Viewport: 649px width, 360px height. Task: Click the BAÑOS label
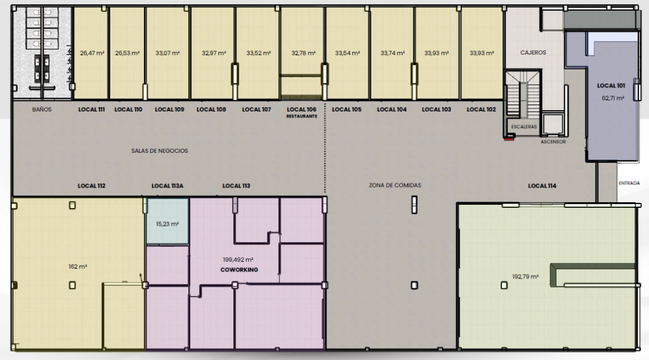tap(42, 110)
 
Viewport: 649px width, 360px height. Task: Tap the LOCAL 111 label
tap(91, 110)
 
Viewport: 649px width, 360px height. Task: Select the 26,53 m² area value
tap(127, 53)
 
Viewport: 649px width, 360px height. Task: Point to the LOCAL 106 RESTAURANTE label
tap(302, 112)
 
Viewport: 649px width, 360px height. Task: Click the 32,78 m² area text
tap(304, 53)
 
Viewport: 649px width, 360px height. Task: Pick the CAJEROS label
tap(533, 53)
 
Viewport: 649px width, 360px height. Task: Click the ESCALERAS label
tap(524, 127)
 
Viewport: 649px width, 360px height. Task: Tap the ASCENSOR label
tap(553, 141)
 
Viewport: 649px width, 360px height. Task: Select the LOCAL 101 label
tap(611, 86)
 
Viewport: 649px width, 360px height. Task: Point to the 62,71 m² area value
tap(613, 98)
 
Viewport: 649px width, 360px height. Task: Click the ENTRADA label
tap(629, 183)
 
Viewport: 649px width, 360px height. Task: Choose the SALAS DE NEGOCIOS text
tap(160, 151)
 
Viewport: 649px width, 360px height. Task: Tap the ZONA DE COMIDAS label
tap(395, 185)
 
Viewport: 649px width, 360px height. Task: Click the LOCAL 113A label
tap(167, 186)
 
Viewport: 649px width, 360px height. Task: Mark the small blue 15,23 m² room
tap(167, 221)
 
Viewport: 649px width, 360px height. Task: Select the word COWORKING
tap(239, 270)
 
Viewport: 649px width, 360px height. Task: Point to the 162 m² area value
tap(78, 266)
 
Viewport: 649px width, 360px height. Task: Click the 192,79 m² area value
tap(525, 276)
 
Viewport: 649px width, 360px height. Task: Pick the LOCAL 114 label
tap(542, 186)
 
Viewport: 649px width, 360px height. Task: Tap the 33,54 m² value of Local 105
tap(348, 53)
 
